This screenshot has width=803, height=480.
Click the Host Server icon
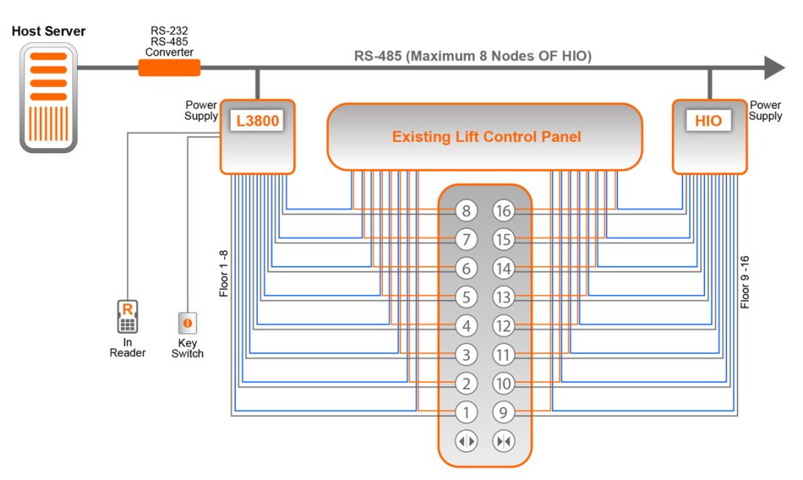coord(49,97)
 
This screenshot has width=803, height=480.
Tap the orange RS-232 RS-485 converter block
coord(169,68)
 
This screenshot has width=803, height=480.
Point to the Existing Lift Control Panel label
coord(486,137)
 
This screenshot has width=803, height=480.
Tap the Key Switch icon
coord(187,322)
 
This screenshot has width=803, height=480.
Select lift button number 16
coord(503,210)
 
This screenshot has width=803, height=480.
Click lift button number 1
coord(466,412)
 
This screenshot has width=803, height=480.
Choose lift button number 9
coord(503,412)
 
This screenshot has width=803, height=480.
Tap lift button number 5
coord(466,297)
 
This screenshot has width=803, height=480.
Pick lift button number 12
coord(503,325)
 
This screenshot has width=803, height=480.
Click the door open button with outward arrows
coord(466,442)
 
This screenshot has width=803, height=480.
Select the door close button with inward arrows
coord(503,442)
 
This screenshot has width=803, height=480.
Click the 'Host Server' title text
coord(49,31)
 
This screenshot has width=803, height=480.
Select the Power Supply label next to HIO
coord(765,111)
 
